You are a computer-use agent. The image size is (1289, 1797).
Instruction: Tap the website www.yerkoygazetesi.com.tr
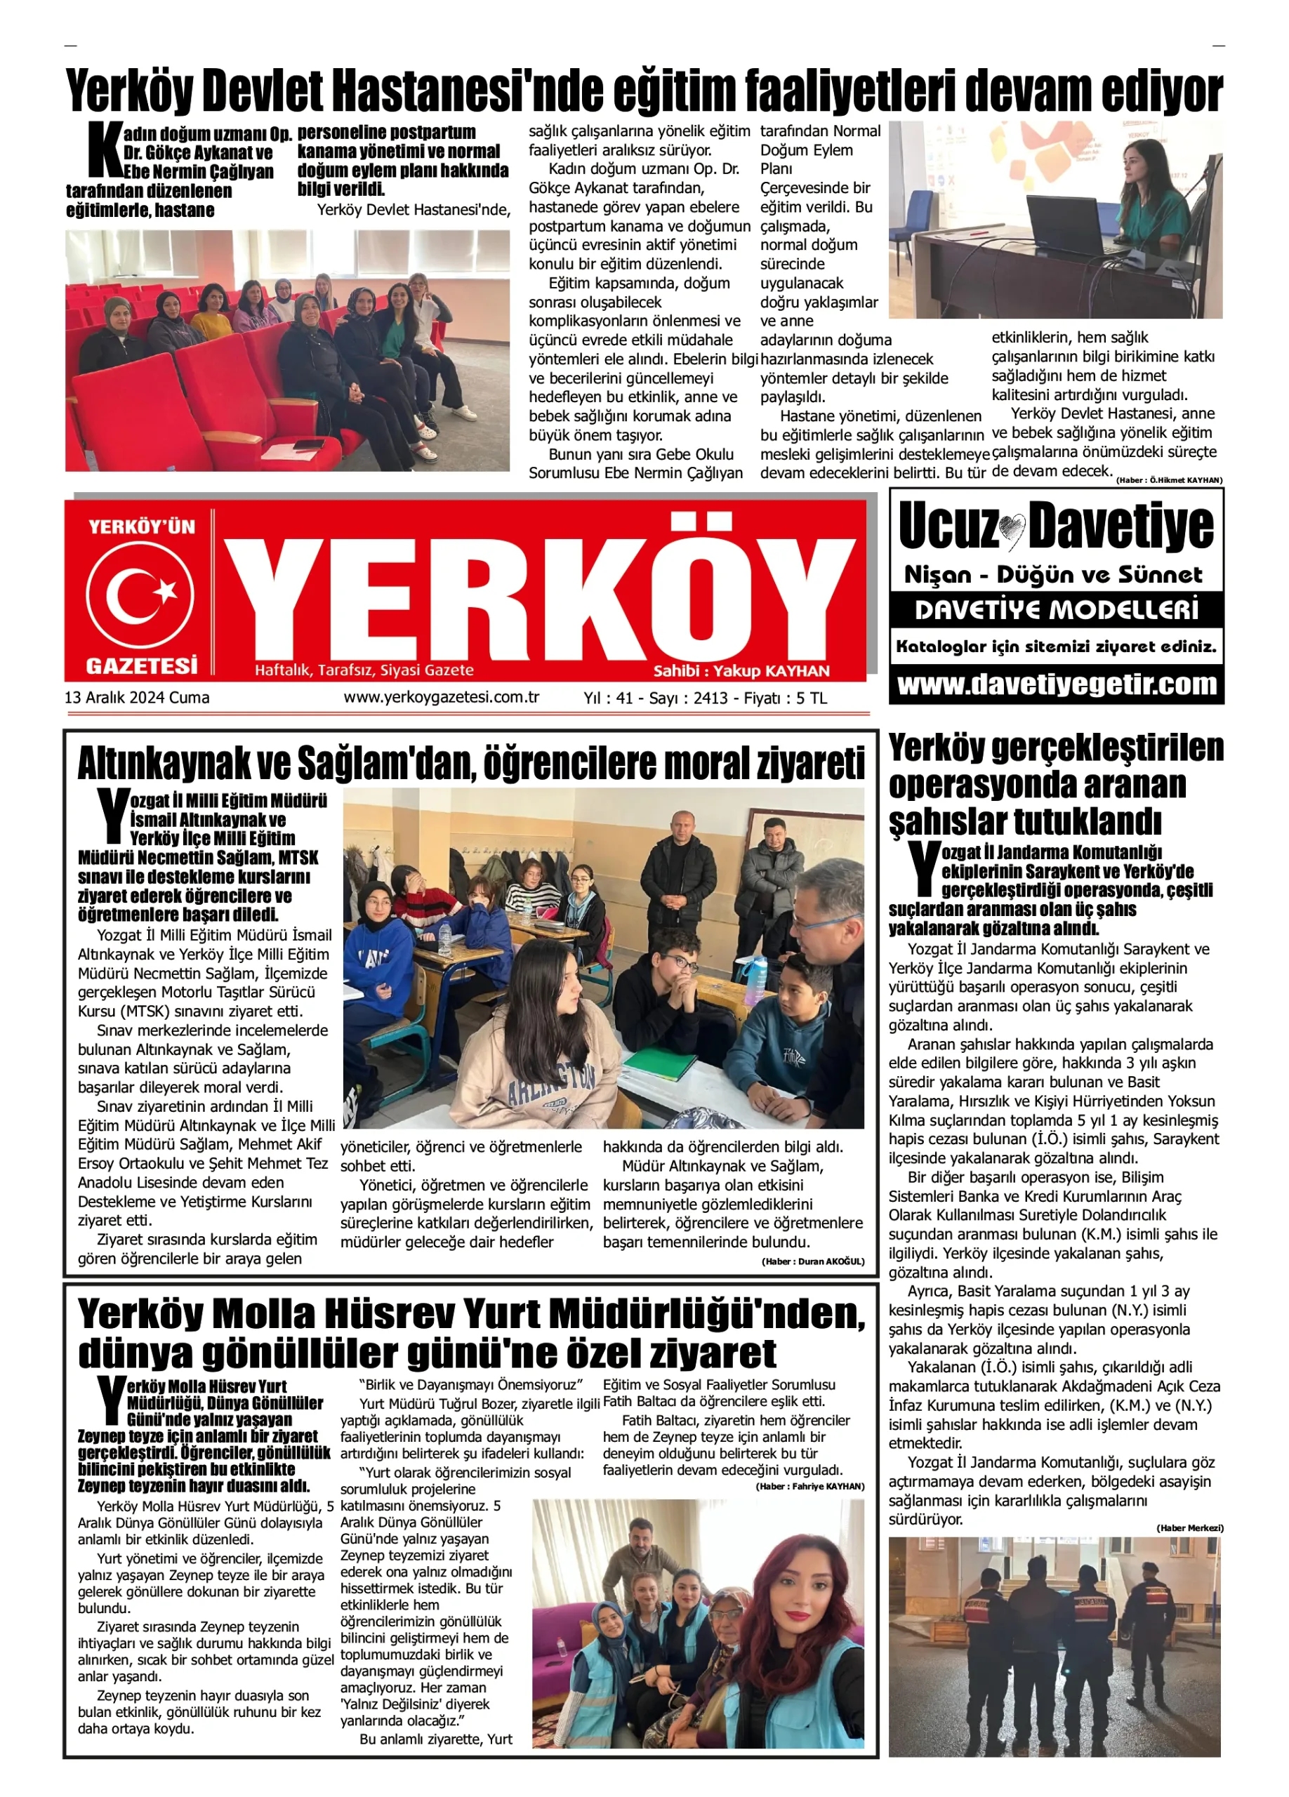pos(442,697)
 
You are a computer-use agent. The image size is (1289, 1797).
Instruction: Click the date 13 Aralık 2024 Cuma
pos(137,697)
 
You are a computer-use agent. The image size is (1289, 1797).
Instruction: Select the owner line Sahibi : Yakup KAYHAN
pos(741,671)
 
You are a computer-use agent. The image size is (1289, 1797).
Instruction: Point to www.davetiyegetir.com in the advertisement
pos(1056,684)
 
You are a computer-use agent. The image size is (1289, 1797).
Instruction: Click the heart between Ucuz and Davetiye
pos(1012,530)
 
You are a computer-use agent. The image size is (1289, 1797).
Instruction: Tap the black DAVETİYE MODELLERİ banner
pos(1056,610)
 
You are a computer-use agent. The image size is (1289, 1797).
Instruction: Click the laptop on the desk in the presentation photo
pos(1071,222)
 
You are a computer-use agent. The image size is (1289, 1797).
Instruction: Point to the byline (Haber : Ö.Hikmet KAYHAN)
pos(1168,480)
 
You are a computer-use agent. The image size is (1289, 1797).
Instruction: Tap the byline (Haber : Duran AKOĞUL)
pos(813,1261)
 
